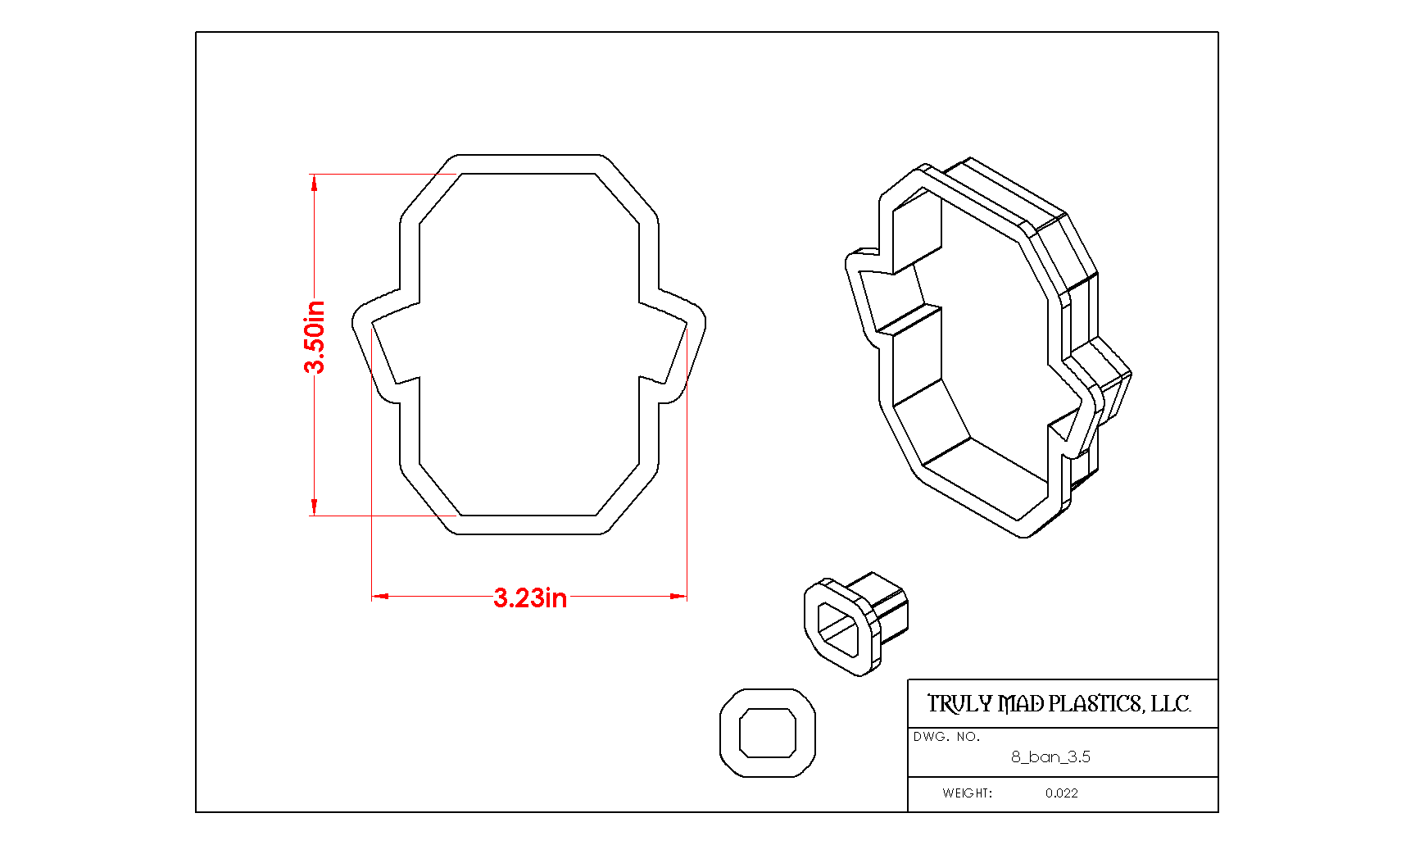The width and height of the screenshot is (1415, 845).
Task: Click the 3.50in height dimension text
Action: point(315,337)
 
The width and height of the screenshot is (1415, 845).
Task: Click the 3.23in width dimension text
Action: point(530,597)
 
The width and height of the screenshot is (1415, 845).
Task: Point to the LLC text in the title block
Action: point(1171,704)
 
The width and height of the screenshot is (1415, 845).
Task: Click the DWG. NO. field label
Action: point(946,737)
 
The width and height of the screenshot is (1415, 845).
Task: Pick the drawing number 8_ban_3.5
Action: point(1050,757)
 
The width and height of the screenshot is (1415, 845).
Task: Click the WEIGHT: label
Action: point(967,793)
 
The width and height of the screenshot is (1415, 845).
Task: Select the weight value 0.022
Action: point(1062,793)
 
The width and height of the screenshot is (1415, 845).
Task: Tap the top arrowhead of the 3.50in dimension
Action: point(315,182)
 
